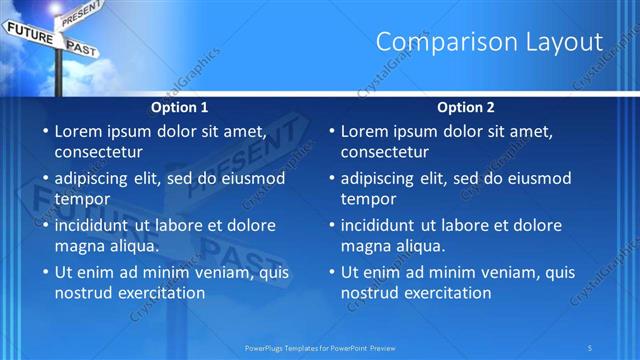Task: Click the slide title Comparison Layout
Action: pyautogui.click(x=489, y=42)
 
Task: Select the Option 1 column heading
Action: pyautogui.click(x=180, y=107)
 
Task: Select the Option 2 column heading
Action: pyautogui.click(x=466, y=107)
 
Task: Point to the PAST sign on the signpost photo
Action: pyautogui.click(x=81, y=47)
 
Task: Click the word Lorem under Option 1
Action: pyautogui.click(x=80, y=131)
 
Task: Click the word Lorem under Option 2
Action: pyautogui.click(x=366, y=131)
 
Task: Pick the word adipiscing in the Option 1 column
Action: pyautogui.click(x=99, y=178)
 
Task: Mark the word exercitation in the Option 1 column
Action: pyautogui.click(x=161, y=293)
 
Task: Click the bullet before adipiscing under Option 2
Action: pyautogui.click(x=331, y=179)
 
